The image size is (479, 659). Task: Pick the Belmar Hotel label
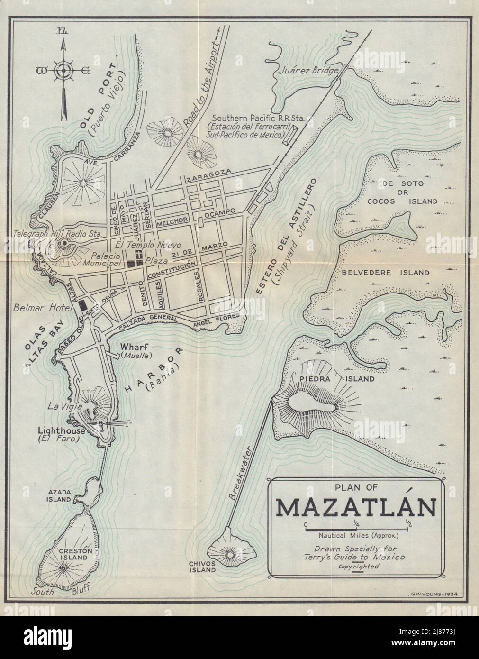40,308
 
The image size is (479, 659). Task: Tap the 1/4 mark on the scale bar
355,524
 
